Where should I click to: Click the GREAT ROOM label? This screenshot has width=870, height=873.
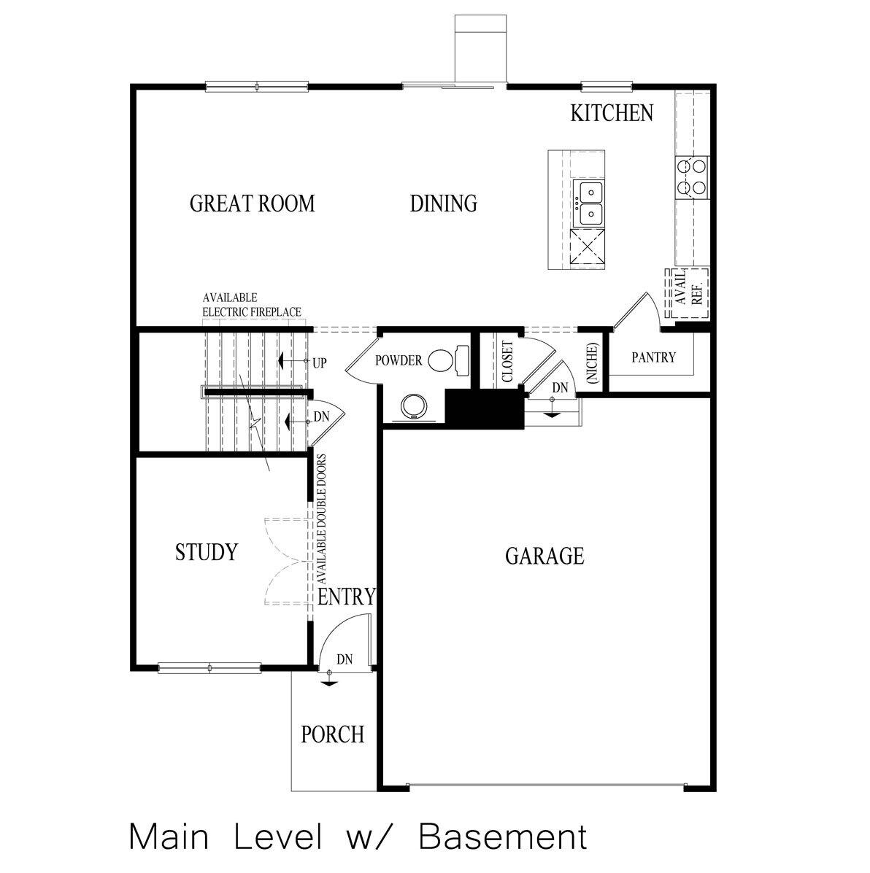pyautogui.click(x=252, y=203)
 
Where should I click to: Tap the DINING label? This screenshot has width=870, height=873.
pyautogui.click(x=443, y=203)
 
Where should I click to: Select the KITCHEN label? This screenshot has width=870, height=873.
pyautogui.click(x=611, y=113)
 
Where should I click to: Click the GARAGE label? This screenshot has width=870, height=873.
pyautogui.click(x=544, y=556)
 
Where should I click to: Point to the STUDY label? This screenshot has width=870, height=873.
pyautogui.click(x=207, y=552)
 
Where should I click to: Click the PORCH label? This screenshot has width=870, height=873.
pyautogui.click(x=332, y=734)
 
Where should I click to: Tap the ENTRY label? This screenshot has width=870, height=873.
pyautogui.click(x=347, y=597)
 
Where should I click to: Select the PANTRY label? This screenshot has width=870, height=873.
pyautogui.click(x=653, y=358)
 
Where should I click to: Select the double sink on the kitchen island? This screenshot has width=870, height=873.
pyautogui.click(x=589, y=203)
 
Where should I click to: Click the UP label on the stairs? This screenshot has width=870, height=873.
pyautogui.click(x=319, y=362)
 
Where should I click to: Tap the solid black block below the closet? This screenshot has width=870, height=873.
pyautogui.click(x=485, y=409)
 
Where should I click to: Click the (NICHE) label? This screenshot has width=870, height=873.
pyautogui.click(x=592, y=362)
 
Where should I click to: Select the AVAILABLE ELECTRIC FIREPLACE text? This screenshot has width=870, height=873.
pyautogui.click(x=251, y=305)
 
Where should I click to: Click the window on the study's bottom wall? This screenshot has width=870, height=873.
pyautogui.click(x=209, y=667)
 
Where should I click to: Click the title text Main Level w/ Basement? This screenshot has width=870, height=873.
pyautogui.click(x=358, y=837)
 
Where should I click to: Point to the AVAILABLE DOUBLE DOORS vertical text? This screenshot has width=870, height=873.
pyautogui.click(x=321, y=519)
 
